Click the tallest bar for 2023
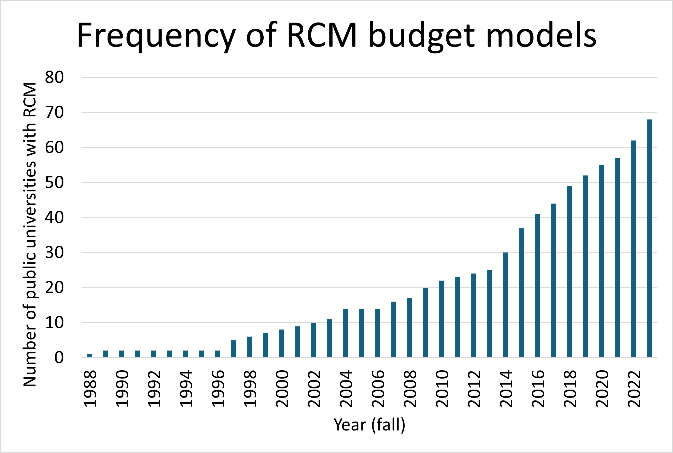(x=649, y=238)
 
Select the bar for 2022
(x=633, y=249)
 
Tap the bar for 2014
(x=505, y=305)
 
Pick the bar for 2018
(x=569, y=272)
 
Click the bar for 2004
(x=345, y=333)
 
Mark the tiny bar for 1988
(x=89, y=356)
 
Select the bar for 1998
(x=249, y=347)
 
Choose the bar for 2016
(x=537, y=286)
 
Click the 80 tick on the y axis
(x=54, y=78)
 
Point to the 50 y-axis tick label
(x=54, y=183)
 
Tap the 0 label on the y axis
(x=59, y=358)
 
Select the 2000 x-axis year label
(x=282, y=389)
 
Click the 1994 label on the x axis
(x=186, y=389)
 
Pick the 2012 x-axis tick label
(x=474, y=389)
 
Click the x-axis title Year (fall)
(x=369, y=425)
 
